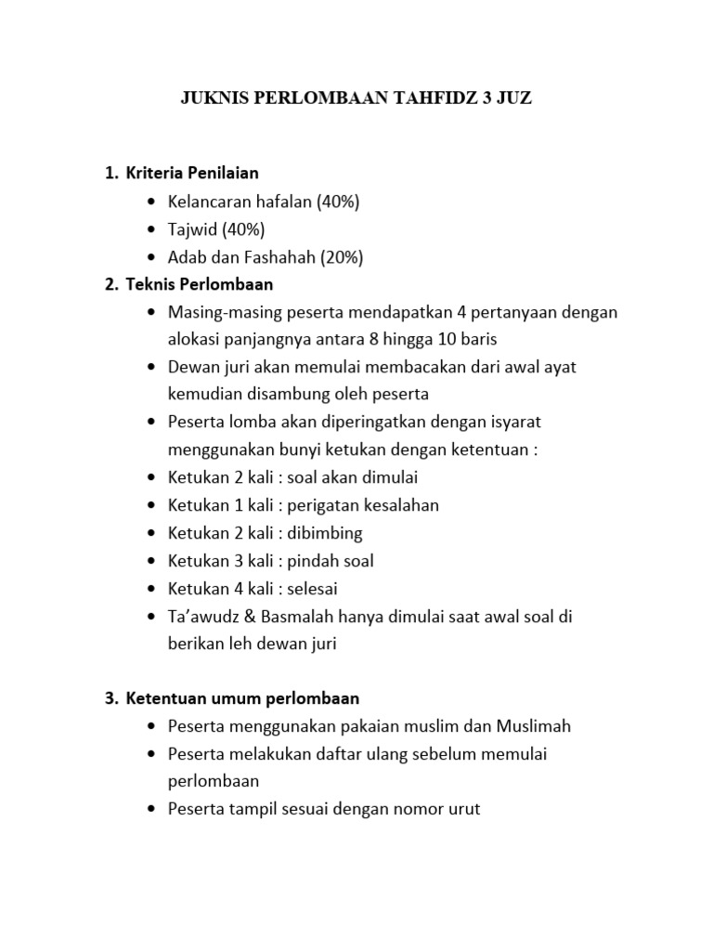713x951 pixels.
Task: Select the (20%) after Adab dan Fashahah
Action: tap(342, 256)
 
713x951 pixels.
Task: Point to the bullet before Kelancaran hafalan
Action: tap(152, 202)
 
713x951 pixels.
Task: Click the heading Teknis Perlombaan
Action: tap(200, 284)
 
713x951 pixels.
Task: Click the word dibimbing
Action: tap(325, 533)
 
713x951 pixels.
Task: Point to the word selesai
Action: tap(313, 589)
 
